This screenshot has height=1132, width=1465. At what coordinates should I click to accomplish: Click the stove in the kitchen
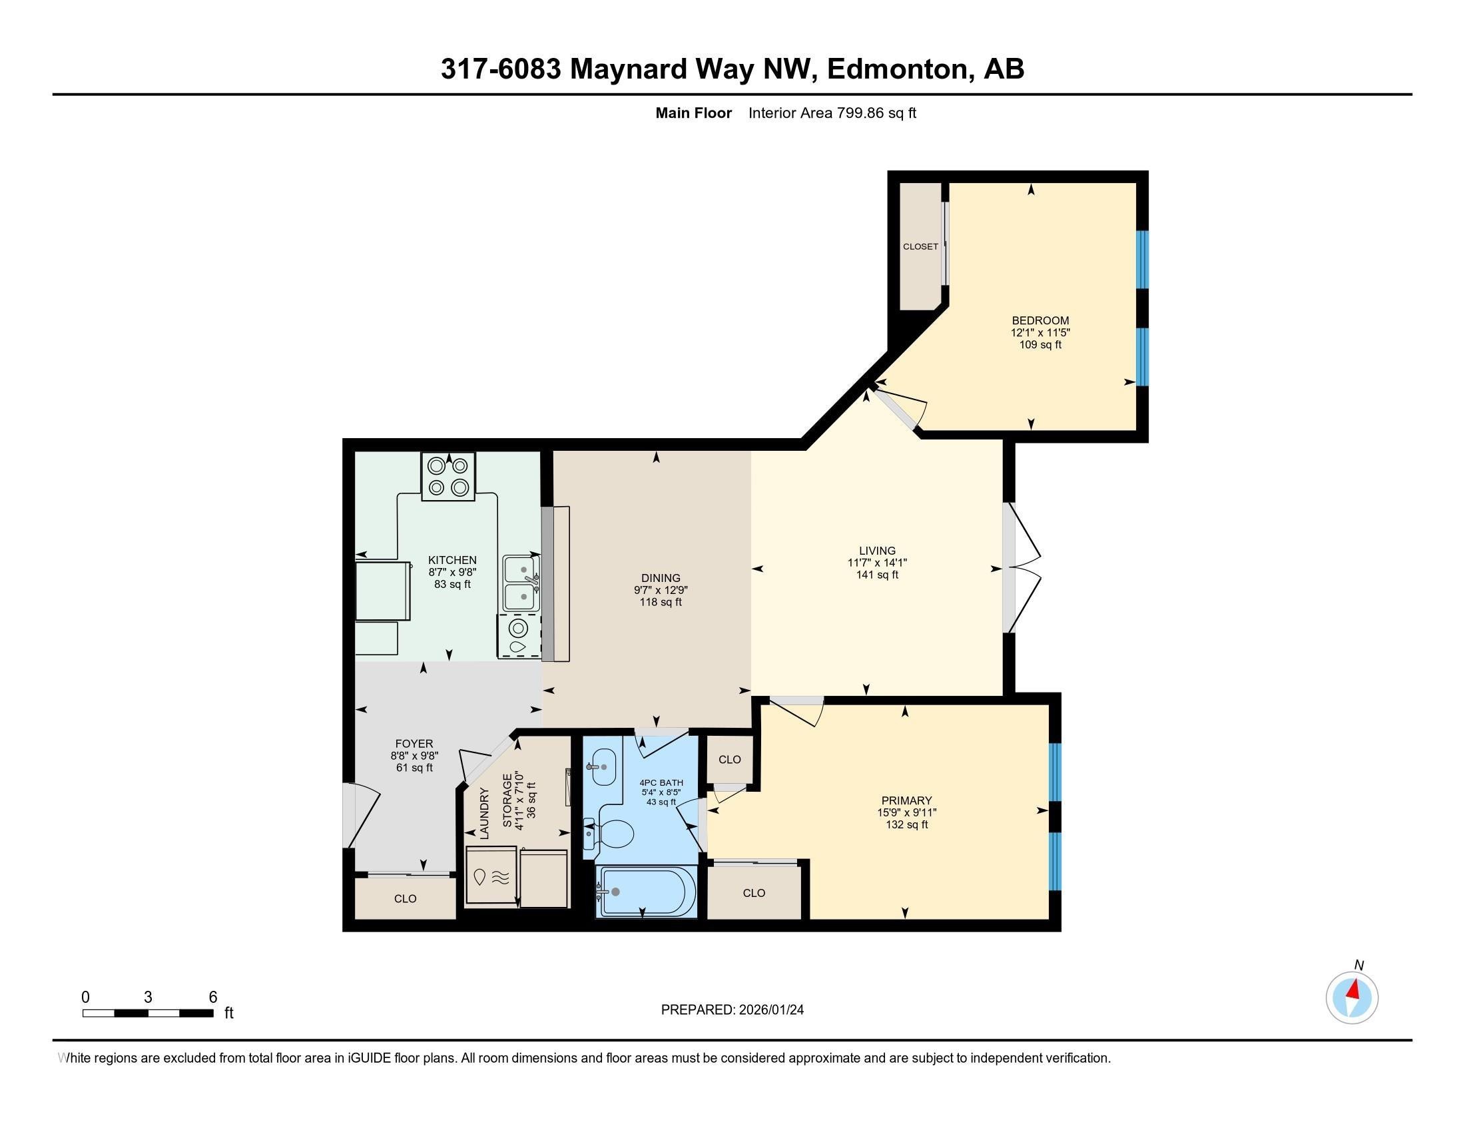click(x=448, y=477)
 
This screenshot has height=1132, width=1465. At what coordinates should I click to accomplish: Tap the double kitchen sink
click(x=522, y=583)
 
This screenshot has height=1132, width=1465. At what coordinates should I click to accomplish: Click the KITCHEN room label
click(x=452, y=560)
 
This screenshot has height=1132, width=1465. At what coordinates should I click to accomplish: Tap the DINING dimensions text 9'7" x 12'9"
click(x=661, y=590)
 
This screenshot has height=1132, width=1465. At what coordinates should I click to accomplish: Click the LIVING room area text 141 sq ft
click(x=877, y=575)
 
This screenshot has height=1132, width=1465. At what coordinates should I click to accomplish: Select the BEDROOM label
click(x=1039, y=320)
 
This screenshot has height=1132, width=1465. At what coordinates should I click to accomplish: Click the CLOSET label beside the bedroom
click(x=920, y=247)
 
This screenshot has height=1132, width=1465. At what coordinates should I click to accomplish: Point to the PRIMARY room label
click(x=906, y=800)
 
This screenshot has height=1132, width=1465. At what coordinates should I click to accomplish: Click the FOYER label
click(x=414, y=743)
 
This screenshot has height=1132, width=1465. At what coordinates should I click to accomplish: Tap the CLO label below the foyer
click(x=405, y=899)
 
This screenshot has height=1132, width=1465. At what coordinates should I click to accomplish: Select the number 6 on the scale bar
click(x=212, y=997)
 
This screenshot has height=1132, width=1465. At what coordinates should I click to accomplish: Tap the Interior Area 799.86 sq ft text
click(x=832, y=113)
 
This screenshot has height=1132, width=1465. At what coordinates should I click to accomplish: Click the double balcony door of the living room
click(x=1023, y=567)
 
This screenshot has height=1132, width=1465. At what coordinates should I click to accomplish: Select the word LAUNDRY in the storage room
click(x=484, y=813)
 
